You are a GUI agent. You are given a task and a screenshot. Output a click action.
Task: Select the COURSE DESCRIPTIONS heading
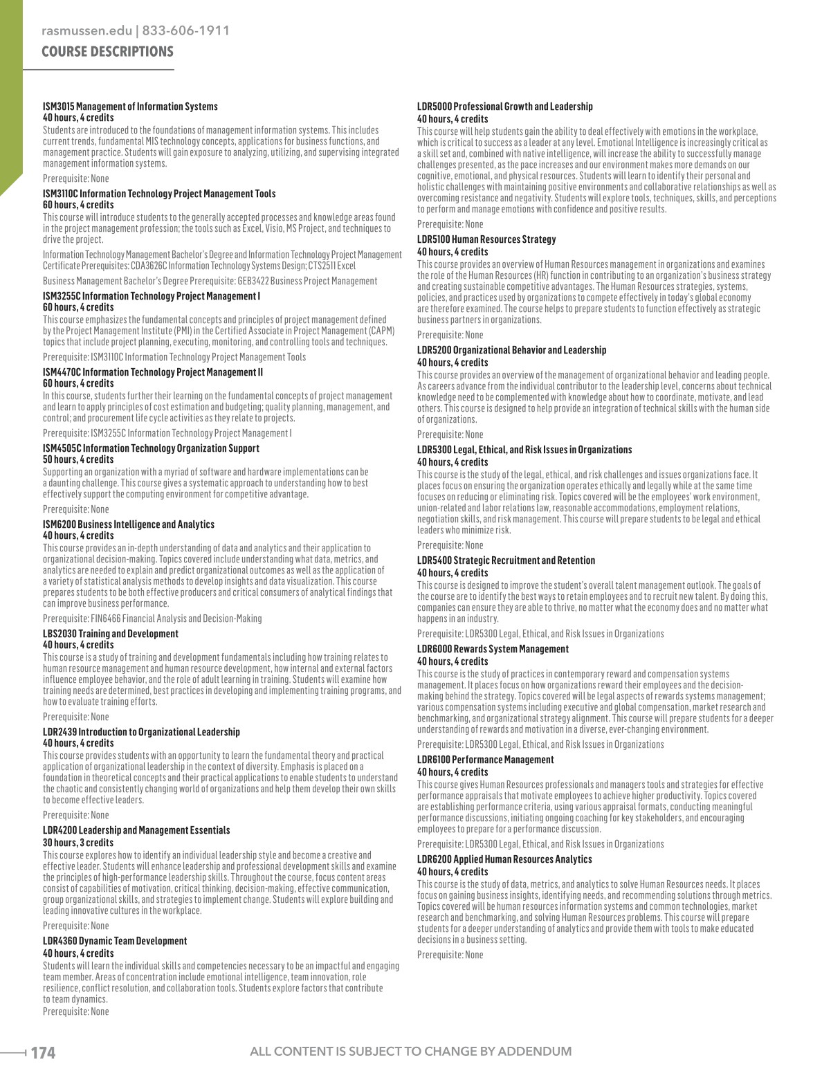click(x=107, y=52)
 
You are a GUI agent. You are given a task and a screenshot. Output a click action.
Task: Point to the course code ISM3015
click(x=58, y=107)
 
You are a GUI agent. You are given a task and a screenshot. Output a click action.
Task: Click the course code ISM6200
click(x=59, y=524)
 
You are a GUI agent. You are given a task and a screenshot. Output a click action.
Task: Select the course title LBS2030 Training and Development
click(x=111, y=634)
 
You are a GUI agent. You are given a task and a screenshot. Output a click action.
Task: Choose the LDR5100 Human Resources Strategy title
click(x=486, y=239)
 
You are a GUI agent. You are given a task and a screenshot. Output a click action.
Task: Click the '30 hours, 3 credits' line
click(x=78, y=843)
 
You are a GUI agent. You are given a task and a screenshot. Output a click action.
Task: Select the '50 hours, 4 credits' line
click(x=78, y=459)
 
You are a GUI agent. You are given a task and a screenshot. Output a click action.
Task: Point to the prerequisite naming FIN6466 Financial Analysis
click(x=152, y=619)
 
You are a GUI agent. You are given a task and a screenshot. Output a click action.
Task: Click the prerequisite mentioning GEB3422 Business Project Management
click(x=210, y=281)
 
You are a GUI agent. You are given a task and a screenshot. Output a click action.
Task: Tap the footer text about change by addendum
click(x=410, y=1052)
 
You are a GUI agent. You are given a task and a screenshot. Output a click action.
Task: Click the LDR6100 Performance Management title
click(x=485, y=760)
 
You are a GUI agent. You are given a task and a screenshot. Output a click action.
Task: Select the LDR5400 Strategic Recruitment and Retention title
click(x=506, y=560)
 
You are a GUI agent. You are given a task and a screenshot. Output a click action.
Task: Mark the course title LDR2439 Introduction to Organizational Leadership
click(x=141, y=732)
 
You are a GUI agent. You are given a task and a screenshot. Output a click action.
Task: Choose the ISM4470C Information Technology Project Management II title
click(x=153, y=372)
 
